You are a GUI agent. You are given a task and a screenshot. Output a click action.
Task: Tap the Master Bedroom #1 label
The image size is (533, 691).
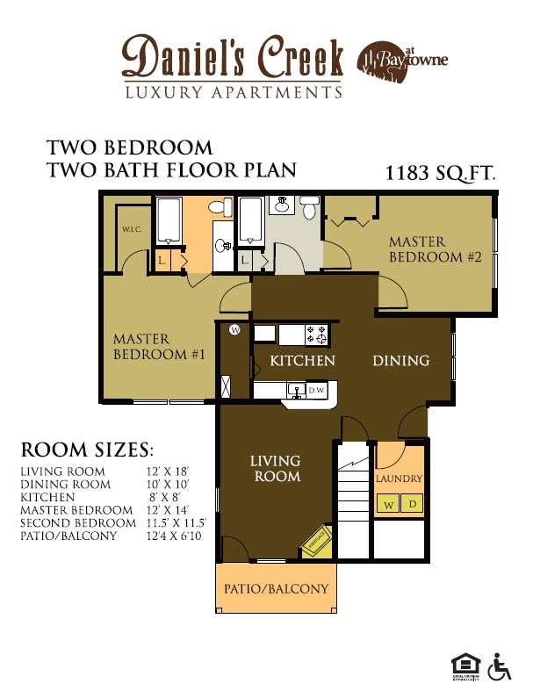pos(159,347)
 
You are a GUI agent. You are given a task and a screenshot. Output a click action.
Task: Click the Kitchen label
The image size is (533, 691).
pos(302,361)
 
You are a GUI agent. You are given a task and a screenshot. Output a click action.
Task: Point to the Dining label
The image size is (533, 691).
pos(400,361)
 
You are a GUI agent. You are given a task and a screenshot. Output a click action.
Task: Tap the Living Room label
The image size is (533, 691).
pos(275,468)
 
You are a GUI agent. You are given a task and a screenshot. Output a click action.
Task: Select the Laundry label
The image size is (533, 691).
pos(399,479)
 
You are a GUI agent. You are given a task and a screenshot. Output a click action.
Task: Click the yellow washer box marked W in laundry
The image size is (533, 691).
pos(387,505)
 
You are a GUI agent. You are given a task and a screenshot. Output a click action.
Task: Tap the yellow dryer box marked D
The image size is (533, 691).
pos(413,505)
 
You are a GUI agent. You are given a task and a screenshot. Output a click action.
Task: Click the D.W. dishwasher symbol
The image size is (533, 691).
pos(316,391)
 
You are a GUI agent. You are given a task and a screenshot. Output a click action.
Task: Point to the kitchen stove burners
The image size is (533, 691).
pos(316,334)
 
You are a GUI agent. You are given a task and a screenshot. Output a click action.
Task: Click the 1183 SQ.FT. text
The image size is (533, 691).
pos(440,174)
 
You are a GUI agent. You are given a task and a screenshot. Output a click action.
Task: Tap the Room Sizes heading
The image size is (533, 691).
pos(87,450)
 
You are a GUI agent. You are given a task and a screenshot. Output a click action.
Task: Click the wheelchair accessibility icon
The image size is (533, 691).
pos(500,666)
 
